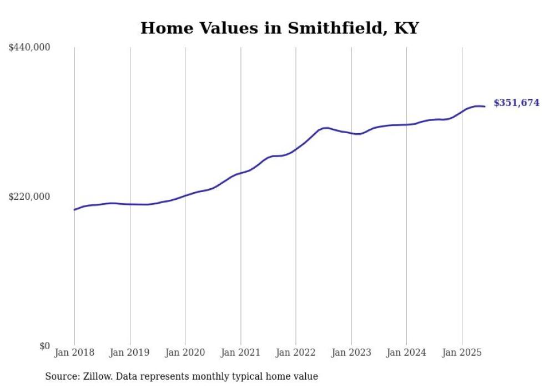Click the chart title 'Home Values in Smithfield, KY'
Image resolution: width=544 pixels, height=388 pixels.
click(x=279, y=28)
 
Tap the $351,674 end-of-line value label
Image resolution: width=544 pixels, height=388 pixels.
click(x=516, y=103)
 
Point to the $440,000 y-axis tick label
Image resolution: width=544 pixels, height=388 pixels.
click(x=29, y=48)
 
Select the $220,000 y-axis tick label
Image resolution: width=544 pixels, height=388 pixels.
click(x=29, y=196)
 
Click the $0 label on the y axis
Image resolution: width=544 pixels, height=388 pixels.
click(x=44, y=346)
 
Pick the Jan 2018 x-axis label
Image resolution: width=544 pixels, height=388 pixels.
click(x=74, y=352)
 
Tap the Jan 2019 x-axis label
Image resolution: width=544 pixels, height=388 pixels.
click(x=130, y=352)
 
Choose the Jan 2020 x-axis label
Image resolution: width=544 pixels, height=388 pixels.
click(x=185, y=352)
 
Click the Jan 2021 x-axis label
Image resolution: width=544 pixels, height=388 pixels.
click(x=240, y=352)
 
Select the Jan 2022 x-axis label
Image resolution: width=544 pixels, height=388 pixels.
click(x=296, y=352)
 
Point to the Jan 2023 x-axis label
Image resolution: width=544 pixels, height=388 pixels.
click(x=351, y=352)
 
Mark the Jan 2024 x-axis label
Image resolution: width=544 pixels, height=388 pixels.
click(x=406, y=352)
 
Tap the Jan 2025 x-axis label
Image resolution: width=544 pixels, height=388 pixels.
click(x=462, y=352)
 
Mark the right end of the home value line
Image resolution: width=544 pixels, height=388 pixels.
click(x=485, y=106)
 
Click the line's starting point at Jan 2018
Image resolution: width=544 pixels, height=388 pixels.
click(x=74, y=209)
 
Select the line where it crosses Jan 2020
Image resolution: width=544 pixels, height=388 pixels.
click(x=185, y=195)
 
